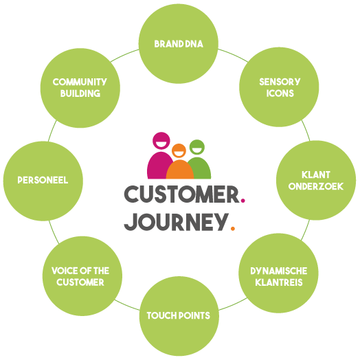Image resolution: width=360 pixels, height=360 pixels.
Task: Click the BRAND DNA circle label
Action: [179, 44]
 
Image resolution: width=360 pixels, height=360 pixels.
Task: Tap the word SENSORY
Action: [280, 82]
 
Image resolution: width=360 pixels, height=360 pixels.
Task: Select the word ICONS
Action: [280, 93]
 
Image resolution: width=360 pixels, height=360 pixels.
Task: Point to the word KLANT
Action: [316, 175]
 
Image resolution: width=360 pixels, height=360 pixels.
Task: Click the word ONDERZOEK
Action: [316, 186]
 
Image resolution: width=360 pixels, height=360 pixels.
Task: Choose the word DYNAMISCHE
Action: [279, 271]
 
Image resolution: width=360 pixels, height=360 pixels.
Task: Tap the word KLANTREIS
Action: [279, 282]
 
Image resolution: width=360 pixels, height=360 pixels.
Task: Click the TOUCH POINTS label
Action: [179, 315]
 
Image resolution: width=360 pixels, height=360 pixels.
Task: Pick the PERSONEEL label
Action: [43, 180]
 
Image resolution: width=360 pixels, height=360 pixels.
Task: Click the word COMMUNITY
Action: [80, 82]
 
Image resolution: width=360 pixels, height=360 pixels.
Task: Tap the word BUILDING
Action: [80, 93]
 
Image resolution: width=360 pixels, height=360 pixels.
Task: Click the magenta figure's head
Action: [161, 141]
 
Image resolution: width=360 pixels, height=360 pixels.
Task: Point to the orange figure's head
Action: [179, 150]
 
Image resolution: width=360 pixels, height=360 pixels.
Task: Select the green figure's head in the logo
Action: [197, 147]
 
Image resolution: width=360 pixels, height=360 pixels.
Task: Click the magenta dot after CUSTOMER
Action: [243, 201]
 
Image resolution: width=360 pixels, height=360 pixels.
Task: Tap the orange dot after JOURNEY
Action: [233, 229]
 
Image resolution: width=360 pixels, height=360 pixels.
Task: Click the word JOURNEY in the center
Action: [177, 222]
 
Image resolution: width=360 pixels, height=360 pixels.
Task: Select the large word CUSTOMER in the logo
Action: [182, 194]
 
